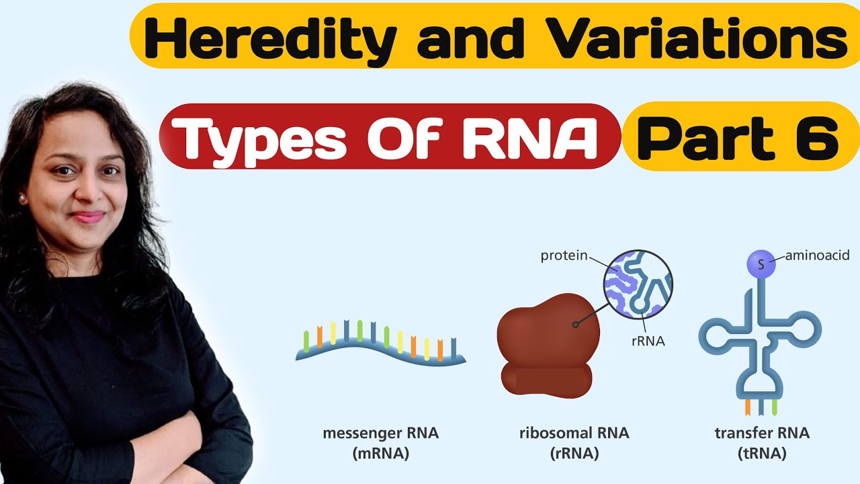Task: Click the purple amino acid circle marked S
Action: (x=761, y=264)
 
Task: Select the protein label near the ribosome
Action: (x=564, y=255)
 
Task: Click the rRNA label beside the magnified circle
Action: (x=648, y=341)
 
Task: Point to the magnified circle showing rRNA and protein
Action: (x=638, y=282)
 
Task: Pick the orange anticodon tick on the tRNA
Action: (x=748, y=407)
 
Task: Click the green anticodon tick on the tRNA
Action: (x=774, y=407)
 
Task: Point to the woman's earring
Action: (x=22, y=200)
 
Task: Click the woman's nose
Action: (x=84, y=195)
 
